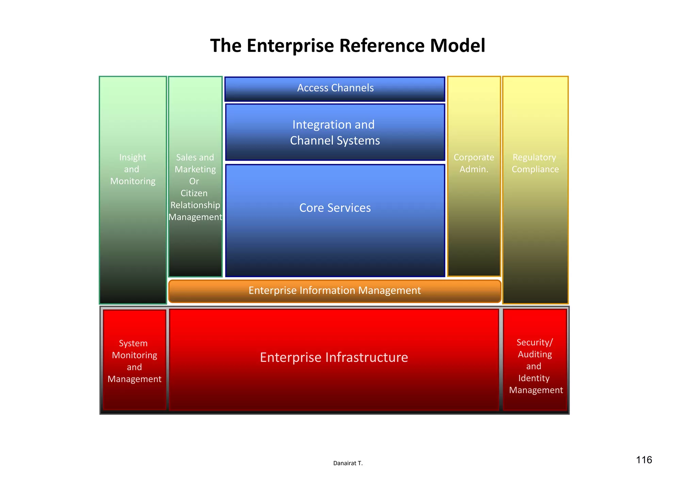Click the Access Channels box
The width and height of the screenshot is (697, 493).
tap(335, 89)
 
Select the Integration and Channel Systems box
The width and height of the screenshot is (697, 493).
tap(335, 132)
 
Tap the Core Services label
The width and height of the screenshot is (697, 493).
tap(335, 208)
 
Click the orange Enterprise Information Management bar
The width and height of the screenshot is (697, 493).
tap(335, 291)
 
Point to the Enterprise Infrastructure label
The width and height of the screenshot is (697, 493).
tap(334, 357)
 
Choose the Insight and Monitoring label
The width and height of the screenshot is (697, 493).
tap(133, 169)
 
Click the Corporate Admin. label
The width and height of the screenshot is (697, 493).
tap(474, 163)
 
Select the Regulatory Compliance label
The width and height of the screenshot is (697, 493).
tap(535, 163)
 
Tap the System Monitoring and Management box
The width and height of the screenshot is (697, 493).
tap(134, 361)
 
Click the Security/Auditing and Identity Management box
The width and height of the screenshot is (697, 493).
tap(535, 366)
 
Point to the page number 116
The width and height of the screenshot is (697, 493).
tap(644, 460)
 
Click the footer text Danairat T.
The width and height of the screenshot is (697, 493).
tap(348, 463)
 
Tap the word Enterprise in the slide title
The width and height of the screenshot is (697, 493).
tap(290, 46)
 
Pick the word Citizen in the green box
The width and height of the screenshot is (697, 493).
tap(194, 193)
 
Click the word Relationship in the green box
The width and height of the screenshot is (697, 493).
tap(195, 205)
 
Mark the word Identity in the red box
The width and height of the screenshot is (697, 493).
tap(534, 378)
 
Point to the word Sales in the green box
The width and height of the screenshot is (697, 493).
tap(186, 157)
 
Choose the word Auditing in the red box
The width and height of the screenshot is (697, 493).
tap(535, 354)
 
